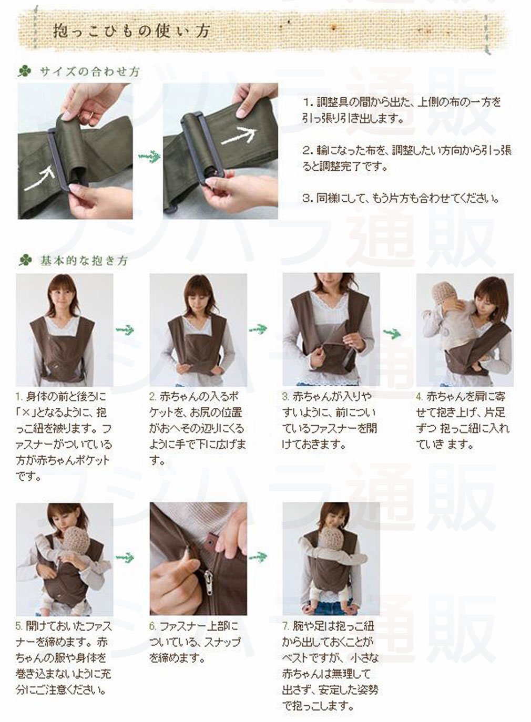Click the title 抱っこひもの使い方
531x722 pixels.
tap(132, 31)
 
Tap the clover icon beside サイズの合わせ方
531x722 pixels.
tap(25, 71)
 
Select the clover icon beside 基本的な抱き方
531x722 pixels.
tap(25, 260)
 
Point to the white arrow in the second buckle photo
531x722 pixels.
tap(239, 135)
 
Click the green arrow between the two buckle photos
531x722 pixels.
tap(149, 156)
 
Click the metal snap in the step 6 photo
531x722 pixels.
tap(212, 541)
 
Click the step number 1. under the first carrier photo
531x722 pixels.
tap(19, 396)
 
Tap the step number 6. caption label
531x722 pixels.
tap(153, 626)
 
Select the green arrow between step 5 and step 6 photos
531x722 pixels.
tap(125, 556)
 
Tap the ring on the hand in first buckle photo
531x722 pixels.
tap(91, 115)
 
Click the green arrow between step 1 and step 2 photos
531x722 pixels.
tap(125, 329)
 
